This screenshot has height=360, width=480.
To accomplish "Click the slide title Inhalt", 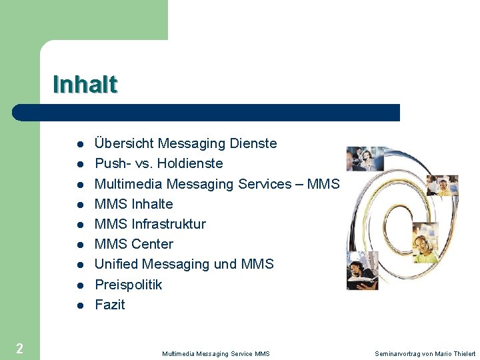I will tap(85, 85).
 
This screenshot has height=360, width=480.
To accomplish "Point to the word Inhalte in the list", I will tap(152, 204).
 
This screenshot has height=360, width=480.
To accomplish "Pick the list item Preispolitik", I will tap(128, 285).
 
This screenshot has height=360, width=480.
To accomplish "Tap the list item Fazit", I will tap(109, 305).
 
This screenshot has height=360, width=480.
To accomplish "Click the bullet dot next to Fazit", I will tap(79, 305).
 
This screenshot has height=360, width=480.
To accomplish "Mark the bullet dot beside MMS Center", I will tap(79, 245).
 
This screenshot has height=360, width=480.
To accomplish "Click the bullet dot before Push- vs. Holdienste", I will tap(79, 164).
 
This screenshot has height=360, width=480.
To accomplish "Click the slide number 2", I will tap(19, 347).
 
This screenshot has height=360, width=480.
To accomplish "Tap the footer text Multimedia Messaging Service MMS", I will tap(215, 353).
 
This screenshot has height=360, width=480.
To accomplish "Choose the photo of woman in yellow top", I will tap(442, 186).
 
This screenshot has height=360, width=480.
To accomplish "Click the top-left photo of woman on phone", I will tap(365, 159).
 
